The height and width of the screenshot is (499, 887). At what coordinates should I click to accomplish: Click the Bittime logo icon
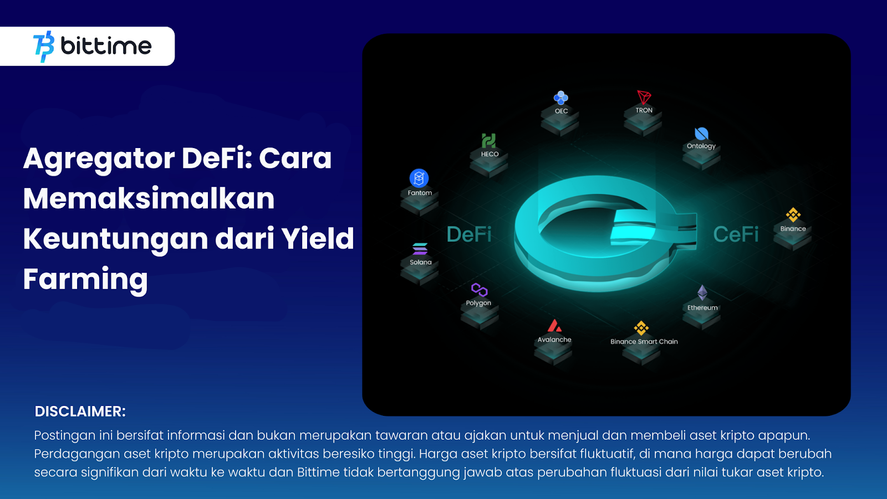[44, 47]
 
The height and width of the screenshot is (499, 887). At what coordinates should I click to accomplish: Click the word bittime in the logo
[106, 46]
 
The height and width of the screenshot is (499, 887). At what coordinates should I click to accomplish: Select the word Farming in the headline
[85, 279]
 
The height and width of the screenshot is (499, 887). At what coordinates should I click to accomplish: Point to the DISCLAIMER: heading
[80, 411]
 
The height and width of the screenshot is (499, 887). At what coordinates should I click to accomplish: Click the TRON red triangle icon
[644, 97]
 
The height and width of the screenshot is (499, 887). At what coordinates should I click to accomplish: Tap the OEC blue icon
[560, 98]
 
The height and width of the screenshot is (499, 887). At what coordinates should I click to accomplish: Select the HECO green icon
[488, 141]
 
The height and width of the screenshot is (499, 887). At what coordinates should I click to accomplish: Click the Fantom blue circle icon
[419, 178]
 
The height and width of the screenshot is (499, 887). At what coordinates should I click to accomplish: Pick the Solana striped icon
[420, 249]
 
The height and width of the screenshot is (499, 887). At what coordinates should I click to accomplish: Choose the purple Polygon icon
[479, 290]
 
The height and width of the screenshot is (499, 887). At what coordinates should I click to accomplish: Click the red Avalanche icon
[554, 325]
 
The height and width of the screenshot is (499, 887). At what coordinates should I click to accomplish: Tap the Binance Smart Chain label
[644, 342]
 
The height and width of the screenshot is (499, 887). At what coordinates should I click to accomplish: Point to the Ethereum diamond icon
[702, 293]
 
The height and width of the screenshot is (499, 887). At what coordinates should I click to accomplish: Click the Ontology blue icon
[701, 134]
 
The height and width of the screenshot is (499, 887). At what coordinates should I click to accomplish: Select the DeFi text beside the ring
[469, 234]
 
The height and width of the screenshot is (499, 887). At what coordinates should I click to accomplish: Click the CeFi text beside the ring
[736, 234]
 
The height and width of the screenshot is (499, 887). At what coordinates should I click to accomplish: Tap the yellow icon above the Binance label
[793, 215]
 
